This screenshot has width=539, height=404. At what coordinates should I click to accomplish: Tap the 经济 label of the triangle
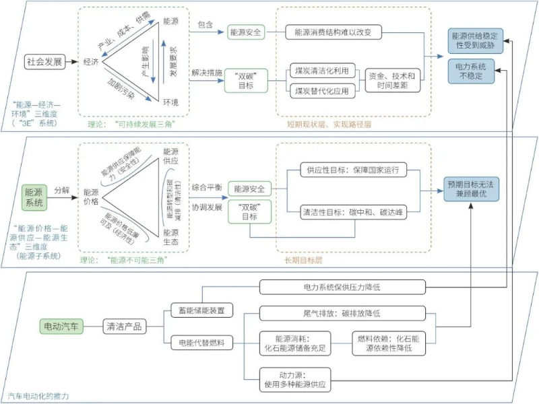click(x=91, y=61)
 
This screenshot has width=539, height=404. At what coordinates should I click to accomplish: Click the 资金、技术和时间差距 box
click(x=393, y=79)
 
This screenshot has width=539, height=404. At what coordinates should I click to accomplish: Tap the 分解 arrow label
click(x=62, y=190)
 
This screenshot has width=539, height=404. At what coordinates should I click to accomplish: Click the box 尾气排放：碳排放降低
click(x=342, y=313)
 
